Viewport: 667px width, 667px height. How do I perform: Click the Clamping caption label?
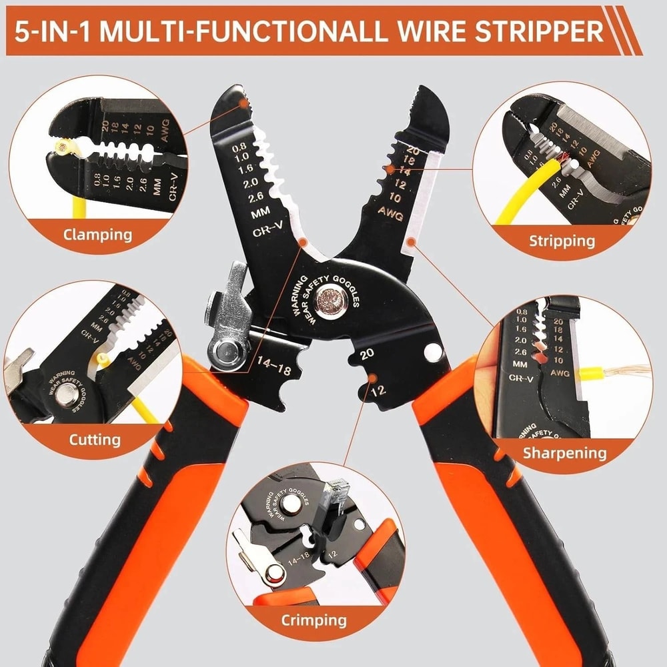[x=97, y=234]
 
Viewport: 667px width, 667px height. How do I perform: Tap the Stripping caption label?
[x=562, y=240]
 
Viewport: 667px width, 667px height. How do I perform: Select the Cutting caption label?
[x=95, y=440]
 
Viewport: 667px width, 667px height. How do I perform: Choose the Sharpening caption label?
[x=564, y=453]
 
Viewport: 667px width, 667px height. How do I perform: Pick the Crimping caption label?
[x=313, y=620]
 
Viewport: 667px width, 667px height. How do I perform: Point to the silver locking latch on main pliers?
[x=230, y=293]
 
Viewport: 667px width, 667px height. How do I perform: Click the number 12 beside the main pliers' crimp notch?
[x=379, y=390]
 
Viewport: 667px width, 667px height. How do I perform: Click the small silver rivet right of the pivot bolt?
[x=434, y=351]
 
